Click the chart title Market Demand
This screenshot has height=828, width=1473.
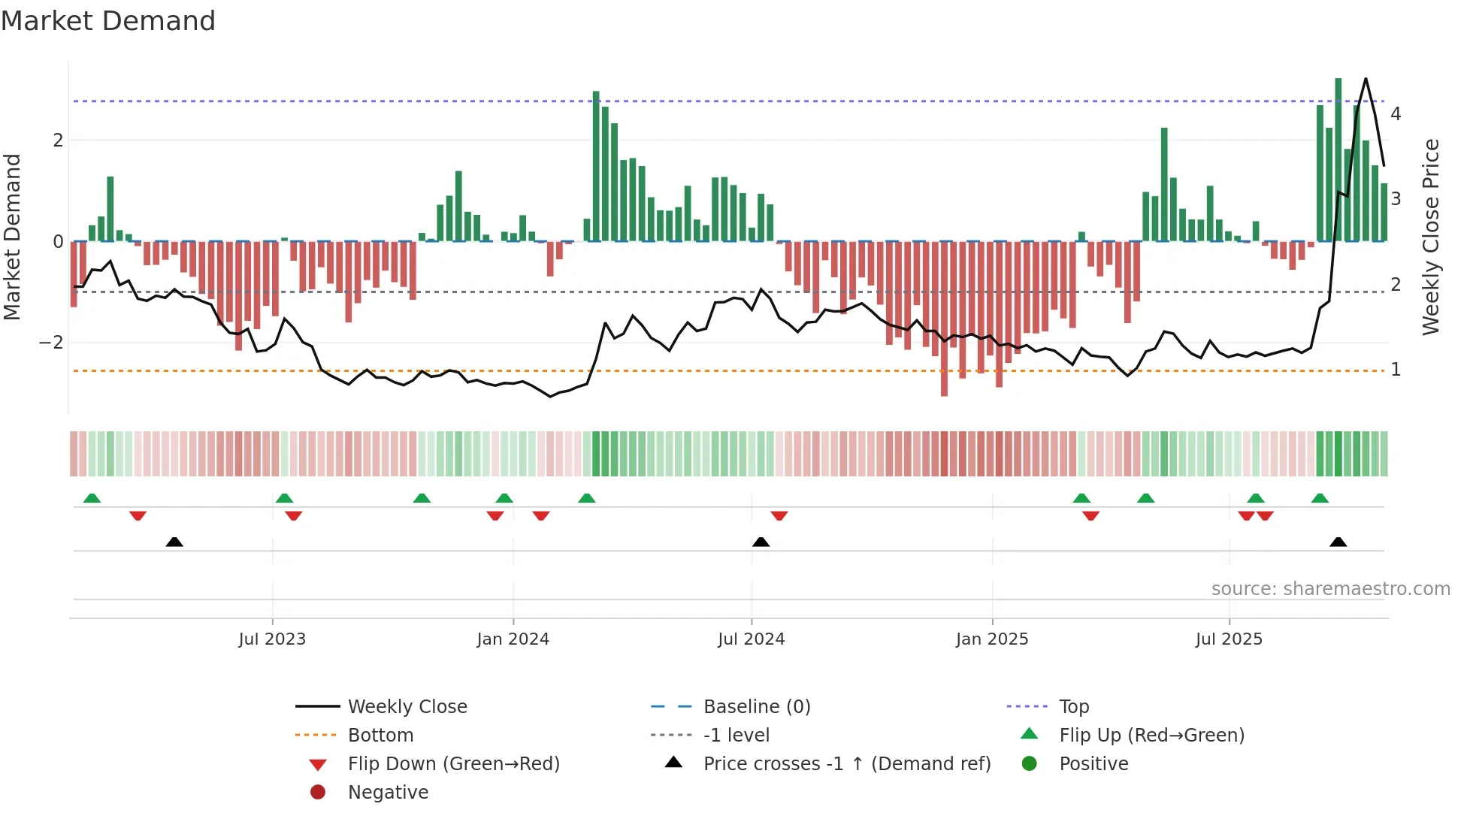pos(108,21)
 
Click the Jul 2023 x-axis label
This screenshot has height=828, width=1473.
pos(272,639)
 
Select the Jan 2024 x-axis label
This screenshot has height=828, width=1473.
pos(513,639)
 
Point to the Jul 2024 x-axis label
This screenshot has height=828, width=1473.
pos(751,639)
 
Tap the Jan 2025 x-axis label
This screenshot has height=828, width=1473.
pos(992,639)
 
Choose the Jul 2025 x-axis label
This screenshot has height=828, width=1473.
pos(1229,639)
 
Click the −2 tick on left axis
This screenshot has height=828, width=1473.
pos(52,343)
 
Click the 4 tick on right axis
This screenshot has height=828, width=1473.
pos(1396,114)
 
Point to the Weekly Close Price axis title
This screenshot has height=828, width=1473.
pos(1431,237)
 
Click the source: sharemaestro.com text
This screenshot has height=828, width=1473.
pos(1330,589)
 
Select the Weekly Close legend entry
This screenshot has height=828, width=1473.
pos(407,707)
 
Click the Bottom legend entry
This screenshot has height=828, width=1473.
pos(380,736)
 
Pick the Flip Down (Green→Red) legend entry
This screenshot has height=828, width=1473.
pos(453,764)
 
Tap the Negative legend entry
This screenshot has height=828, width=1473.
pos(388,793)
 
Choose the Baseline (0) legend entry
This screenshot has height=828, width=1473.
pos(756,707)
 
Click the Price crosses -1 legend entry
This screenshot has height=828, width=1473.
pos(846,764)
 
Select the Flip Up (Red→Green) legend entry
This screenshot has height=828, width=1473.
pos(1151,736)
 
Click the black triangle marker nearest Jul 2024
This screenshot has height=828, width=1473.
pos(761,542)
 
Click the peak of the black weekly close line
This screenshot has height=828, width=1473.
pos(1366,79)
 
